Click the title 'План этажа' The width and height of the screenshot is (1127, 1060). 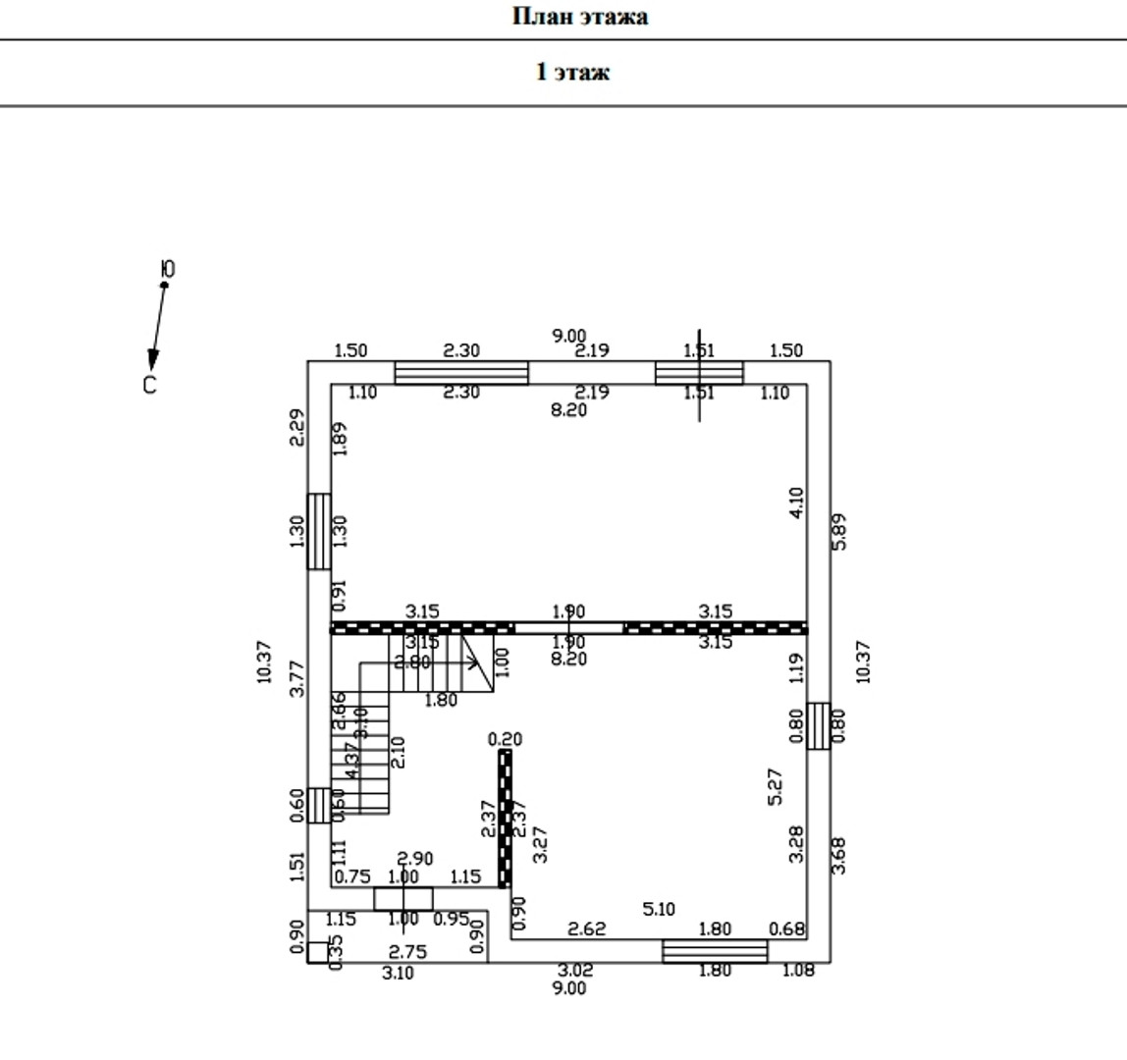(579, 17)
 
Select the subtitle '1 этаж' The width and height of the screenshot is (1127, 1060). (572, 72)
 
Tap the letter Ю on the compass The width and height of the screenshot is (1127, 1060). (168, 269)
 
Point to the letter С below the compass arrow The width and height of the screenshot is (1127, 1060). (149, 386)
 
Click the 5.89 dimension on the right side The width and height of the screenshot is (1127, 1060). (839, 531)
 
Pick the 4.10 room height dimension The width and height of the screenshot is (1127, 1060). (796, 503)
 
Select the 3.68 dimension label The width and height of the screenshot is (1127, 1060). (839, 854)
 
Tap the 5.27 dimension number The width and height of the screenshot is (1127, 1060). (774, 786)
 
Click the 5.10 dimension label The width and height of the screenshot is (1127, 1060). (658, 910)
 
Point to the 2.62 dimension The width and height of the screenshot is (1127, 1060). (587, 928)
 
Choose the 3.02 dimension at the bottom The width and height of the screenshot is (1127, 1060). (575, 971)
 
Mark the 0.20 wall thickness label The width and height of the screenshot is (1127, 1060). (505, 739)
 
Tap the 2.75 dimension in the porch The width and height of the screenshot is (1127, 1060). (407, 951)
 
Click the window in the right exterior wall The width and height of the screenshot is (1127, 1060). (819, 726)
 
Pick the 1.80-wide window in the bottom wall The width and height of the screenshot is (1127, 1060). (715, 951)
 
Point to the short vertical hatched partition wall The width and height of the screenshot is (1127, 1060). (506, 818)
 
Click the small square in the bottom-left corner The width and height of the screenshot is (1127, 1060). (317, 952)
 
